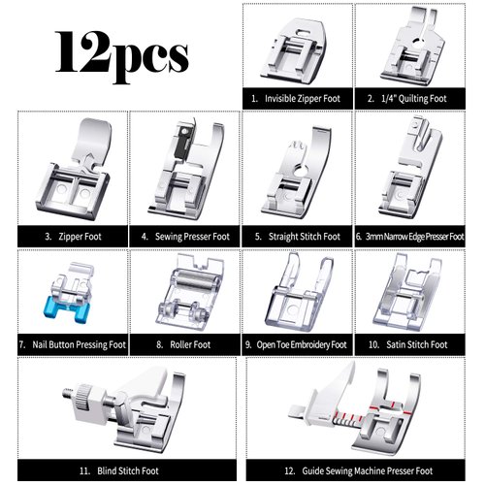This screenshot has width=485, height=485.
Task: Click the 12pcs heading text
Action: coord(121,53)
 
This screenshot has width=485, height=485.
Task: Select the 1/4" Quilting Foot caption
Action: coord(412,99)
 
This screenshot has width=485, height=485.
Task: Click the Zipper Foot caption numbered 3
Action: coord(74,236)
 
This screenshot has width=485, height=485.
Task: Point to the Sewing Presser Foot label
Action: coord(185,236)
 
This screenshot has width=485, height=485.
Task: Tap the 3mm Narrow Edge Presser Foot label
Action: coord(412,236)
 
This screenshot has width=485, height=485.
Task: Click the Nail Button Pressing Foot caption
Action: coord(74,343)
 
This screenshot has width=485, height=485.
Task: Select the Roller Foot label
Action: coord(185,343)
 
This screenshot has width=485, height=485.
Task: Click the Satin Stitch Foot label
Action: coord(412,343)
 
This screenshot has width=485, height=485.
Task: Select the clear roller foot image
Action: coord(184,293)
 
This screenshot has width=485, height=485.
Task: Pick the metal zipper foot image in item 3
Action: coord(73,175)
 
